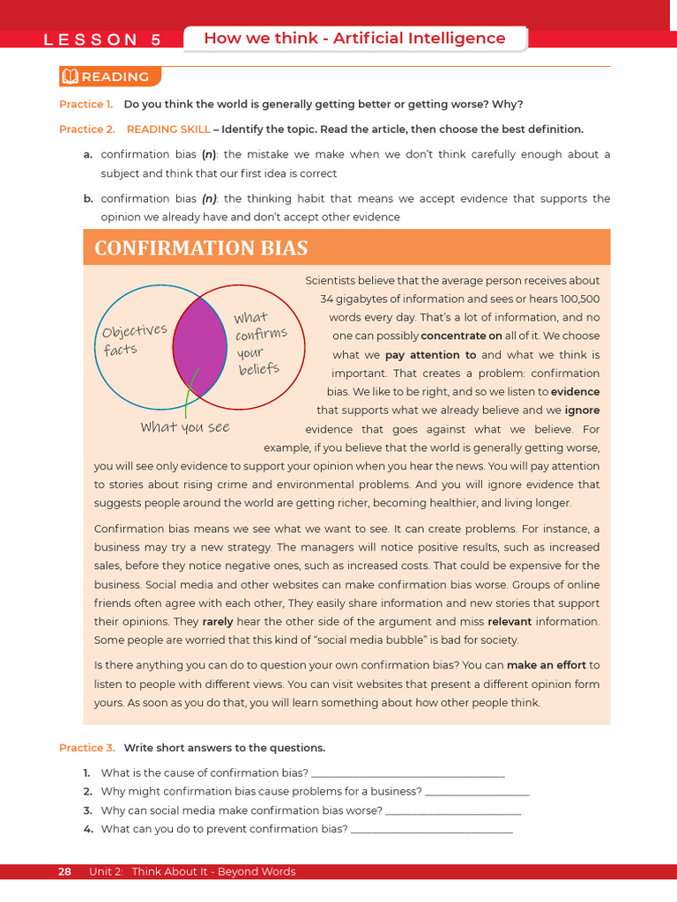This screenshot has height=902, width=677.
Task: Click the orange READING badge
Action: pyautogui.click(x=110, y=77)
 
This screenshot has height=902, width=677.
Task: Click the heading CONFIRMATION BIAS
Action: pyautogui.click(x=201, y=248)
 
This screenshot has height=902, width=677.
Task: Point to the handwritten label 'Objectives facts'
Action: pyautogui.click(x=133, y=339)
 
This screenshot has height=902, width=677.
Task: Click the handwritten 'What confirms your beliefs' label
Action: pyautogui.click(x=260, y=343)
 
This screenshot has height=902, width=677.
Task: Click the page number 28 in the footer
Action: pyautogui.click(x=64, y=872)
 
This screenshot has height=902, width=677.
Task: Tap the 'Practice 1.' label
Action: pyautogui.click(x=86, y=105)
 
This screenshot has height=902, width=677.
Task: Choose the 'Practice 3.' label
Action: pyautogui.click(x=86, y=748)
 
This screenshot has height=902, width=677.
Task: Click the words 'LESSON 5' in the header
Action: pyautogui.click(x=103, y=40)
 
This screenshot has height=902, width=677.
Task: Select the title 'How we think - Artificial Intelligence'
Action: pyautogui.click(x=354, y=38)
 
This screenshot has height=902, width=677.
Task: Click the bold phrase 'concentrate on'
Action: pyautogui.click(x=461, y=336)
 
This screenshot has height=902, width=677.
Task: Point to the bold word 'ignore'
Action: pyautogui.click(x=582, y=410)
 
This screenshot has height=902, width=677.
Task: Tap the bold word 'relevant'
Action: pyautogui.click(x=515, y=621)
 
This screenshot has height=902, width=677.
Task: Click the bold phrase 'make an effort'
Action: pyautogui.click(x=547, y=665)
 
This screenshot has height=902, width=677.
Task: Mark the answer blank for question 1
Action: pyautogui.click(x=408, y=774)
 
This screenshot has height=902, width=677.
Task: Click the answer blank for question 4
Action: pyautogui.click(x=431, y=830)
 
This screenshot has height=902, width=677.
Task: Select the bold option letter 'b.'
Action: pyautogui.click(x=88, y=199)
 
